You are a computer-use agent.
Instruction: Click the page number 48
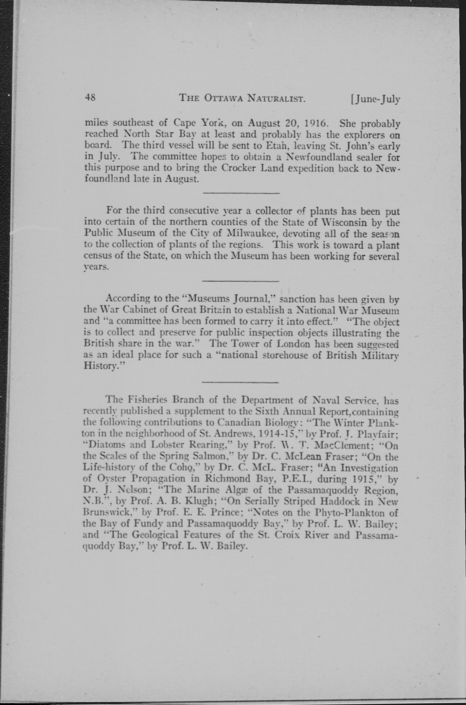[x=90, y=97]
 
